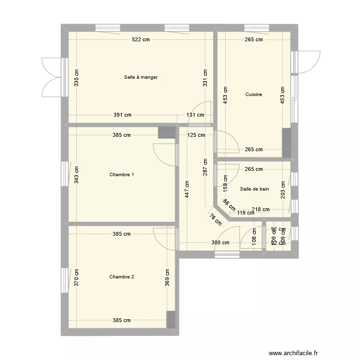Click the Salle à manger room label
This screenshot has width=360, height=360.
tap(141, 77)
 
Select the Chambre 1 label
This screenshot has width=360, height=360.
tap(121, 175)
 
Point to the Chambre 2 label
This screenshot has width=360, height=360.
tap(121, 277)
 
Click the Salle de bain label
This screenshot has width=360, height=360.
tap(254, 189)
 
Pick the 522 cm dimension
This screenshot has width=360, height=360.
tap(141, 40)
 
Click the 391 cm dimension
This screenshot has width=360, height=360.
tap(122, 115)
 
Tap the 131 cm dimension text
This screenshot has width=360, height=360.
tap(195, 115)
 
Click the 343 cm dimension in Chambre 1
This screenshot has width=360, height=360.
tap(77, 175)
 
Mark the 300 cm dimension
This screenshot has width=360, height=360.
tap(220, 243)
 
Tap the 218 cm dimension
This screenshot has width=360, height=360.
tap(260, 209)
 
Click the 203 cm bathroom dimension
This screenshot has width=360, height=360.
tap(283, 190)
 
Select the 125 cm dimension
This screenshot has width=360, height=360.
tap(196, 135)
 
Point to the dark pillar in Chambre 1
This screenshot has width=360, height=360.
tap(167, 132)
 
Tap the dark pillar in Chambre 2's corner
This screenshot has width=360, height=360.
tap(171, 320)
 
